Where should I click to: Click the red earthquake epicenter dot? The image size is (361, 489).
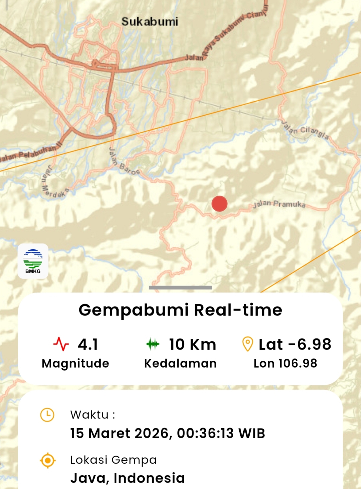(220, 204)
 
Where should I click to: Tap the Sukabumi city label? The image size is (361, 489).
(149, 22)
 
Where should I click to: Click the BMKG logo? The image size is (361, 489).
(33, 261)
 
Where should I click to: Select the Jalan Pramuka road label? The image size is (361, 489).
(279, 204)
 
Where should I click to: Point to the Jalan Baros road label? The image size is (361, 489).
(123, 162)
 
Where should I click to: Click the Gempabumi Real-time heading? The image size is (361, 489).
(180, 310)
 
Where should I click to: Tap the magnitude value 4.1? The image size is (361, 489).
(88, 344)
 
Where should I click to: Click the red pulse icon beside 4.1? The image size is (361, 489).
(61, 344)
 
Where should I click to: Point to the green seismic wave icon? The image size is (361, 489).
(153, 344)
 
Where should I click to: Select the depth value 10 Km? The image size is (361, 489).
(192, 344)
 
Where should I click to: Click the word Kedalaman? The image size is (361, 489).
(180, 363)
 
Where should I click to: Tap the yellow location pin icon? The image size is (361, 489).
(247, 344)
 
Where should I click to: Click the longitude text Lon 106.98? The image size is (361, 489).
(285, 363)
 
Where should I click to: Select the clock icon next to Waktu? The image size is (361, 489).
(47, 415)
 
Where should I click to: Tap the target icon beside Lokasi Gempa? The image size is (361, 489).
(47, 461)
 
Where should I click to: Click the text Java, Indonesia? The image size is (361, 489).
(127, 478)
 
